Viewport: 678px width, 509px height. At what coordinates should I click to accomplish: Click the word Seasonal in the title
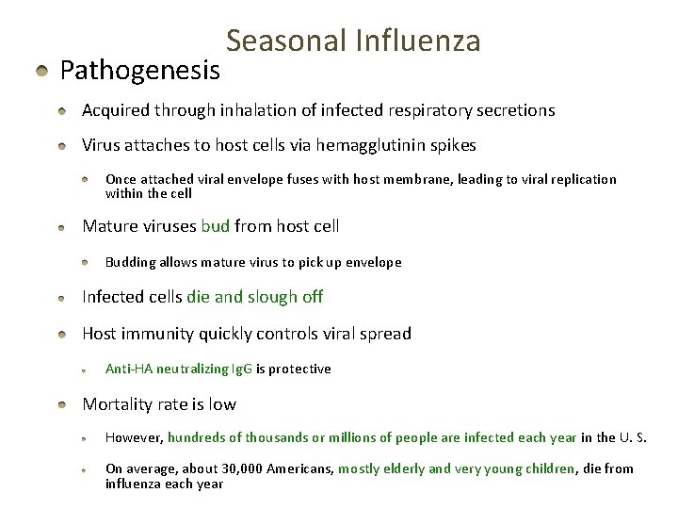[284, 41]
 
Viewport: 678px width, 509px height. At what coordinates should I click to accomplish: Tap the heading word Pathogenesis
[140, 71]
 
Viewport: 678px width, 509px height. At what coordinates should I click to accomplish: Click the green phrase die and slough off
[255, 297]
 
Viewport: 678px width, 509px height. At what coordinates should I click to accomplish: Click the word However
[134, 437]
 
